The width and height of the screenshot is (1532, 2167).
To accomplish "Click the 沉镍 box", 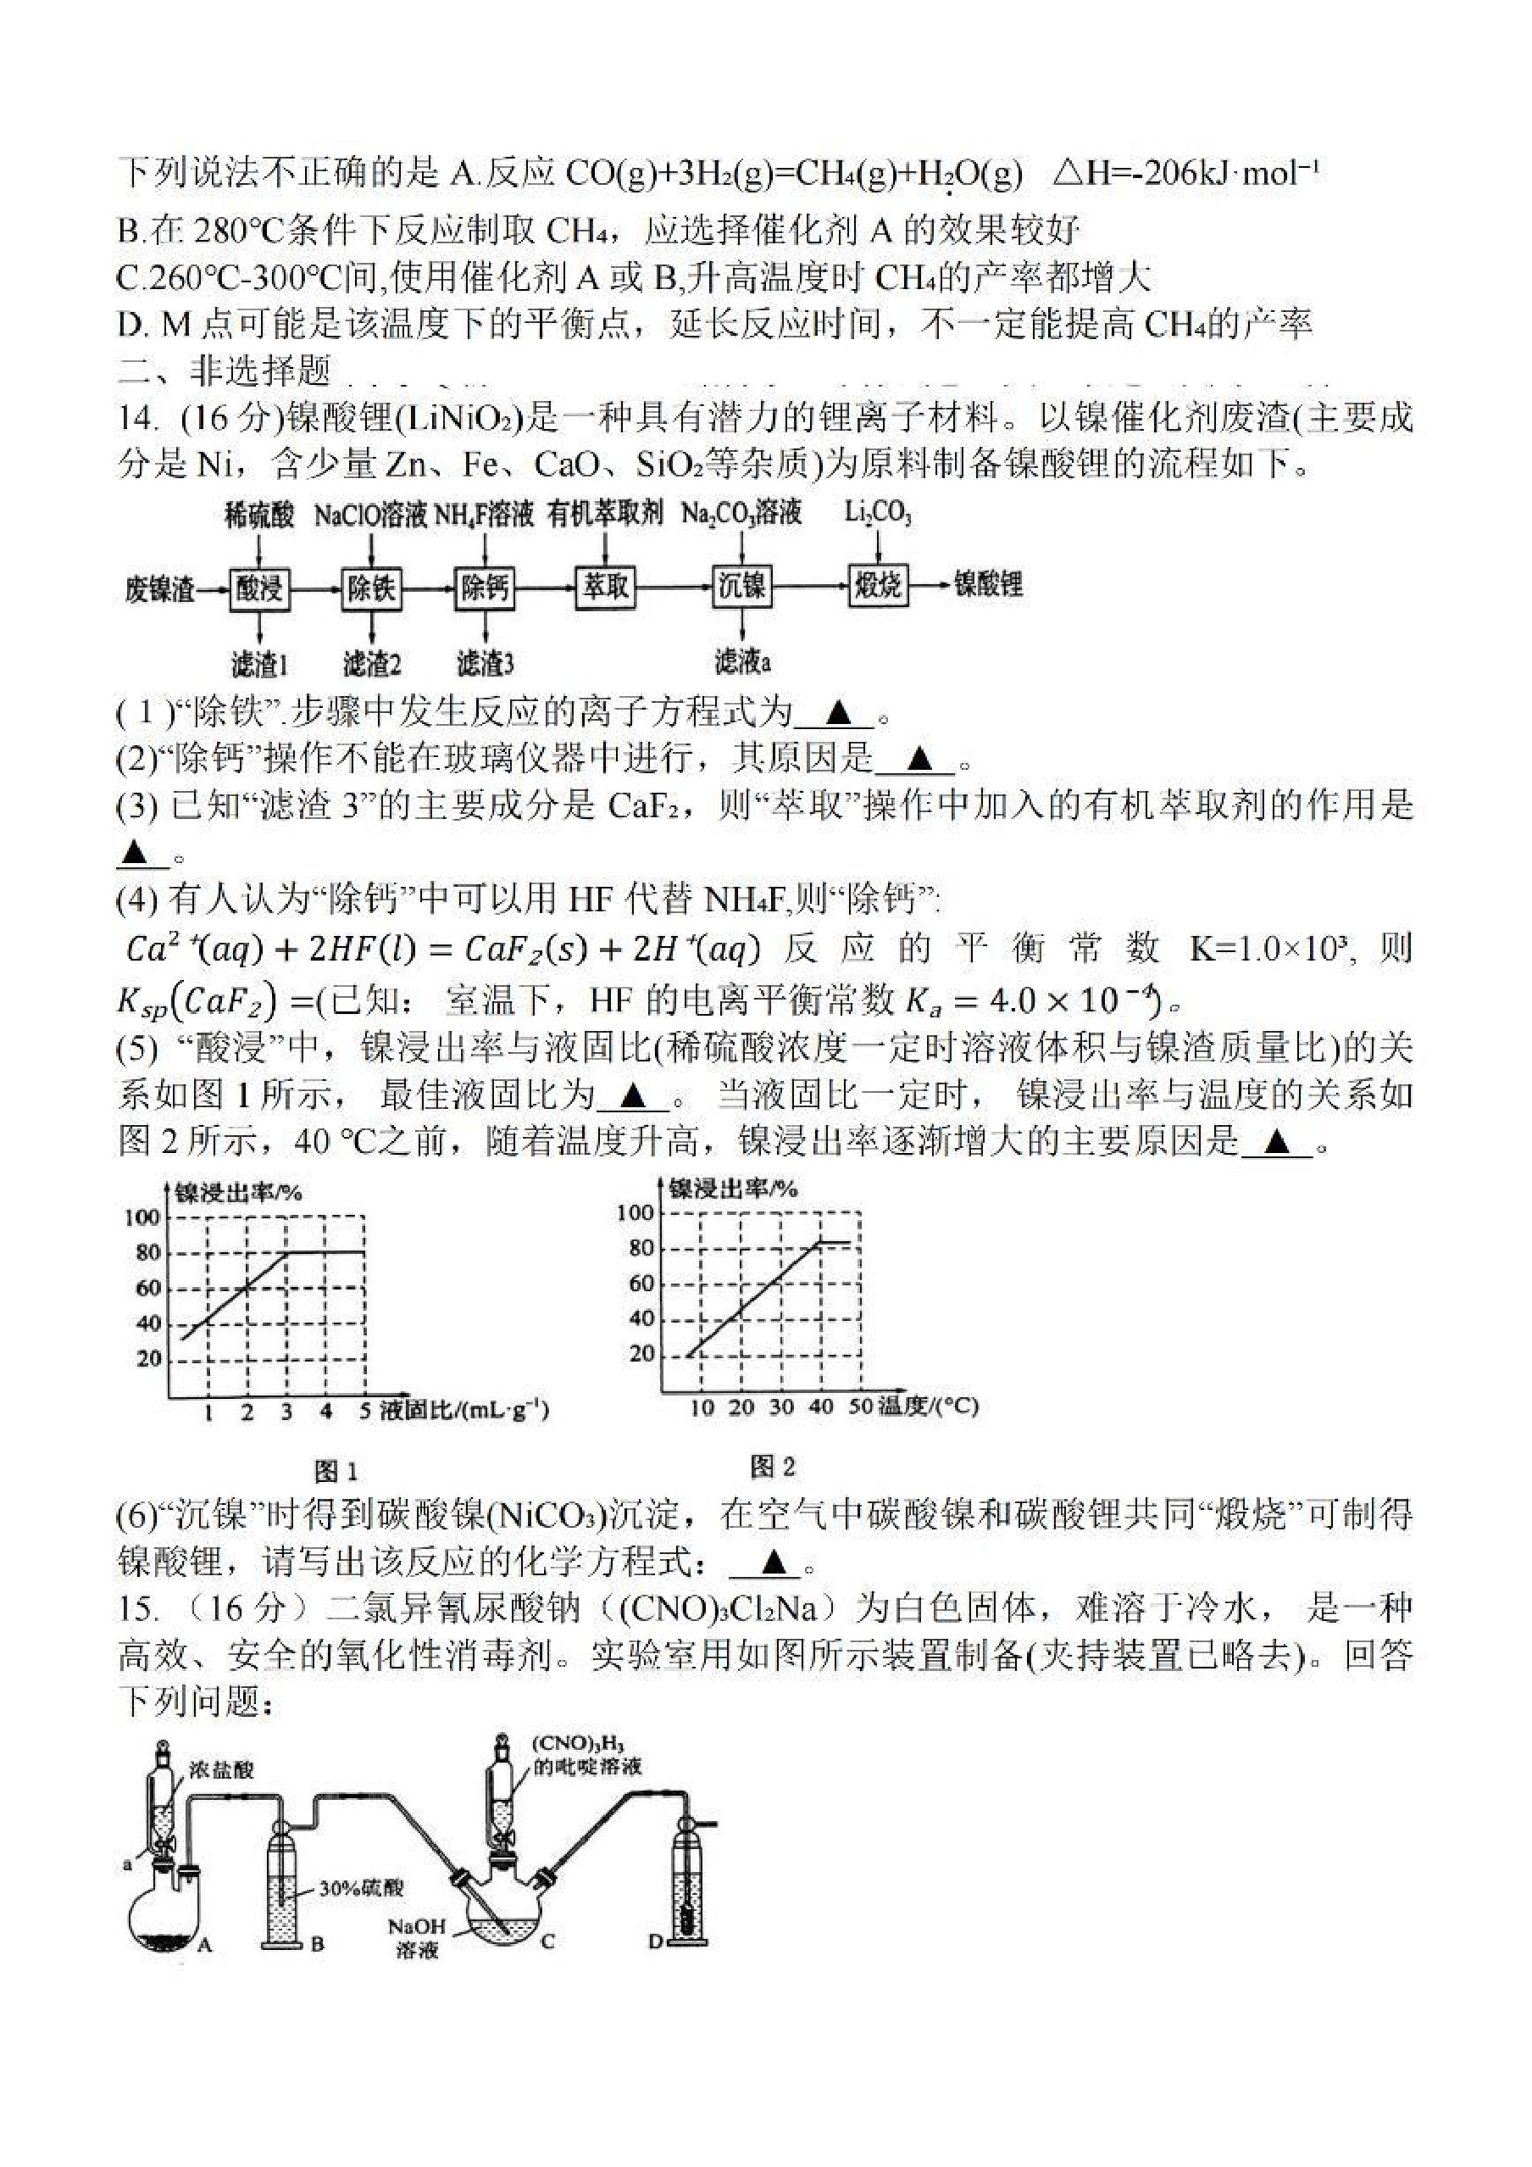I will click(741, 586).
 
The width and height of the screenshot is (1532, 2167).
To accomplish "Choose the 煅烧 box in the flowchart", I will click(878, 586).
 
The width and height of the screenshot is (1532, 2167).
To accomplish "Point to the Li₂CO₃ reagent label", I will click(877, 515).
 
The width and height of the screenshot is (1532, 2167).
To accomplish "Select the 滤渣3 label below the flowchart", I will click(485, 665).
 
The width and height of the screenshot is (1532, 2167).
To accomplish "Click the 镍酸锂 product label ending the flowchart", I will click(989, 584).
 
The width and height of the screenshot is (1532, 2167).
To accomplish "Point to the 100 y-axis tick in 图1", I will click(142, 1217).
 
